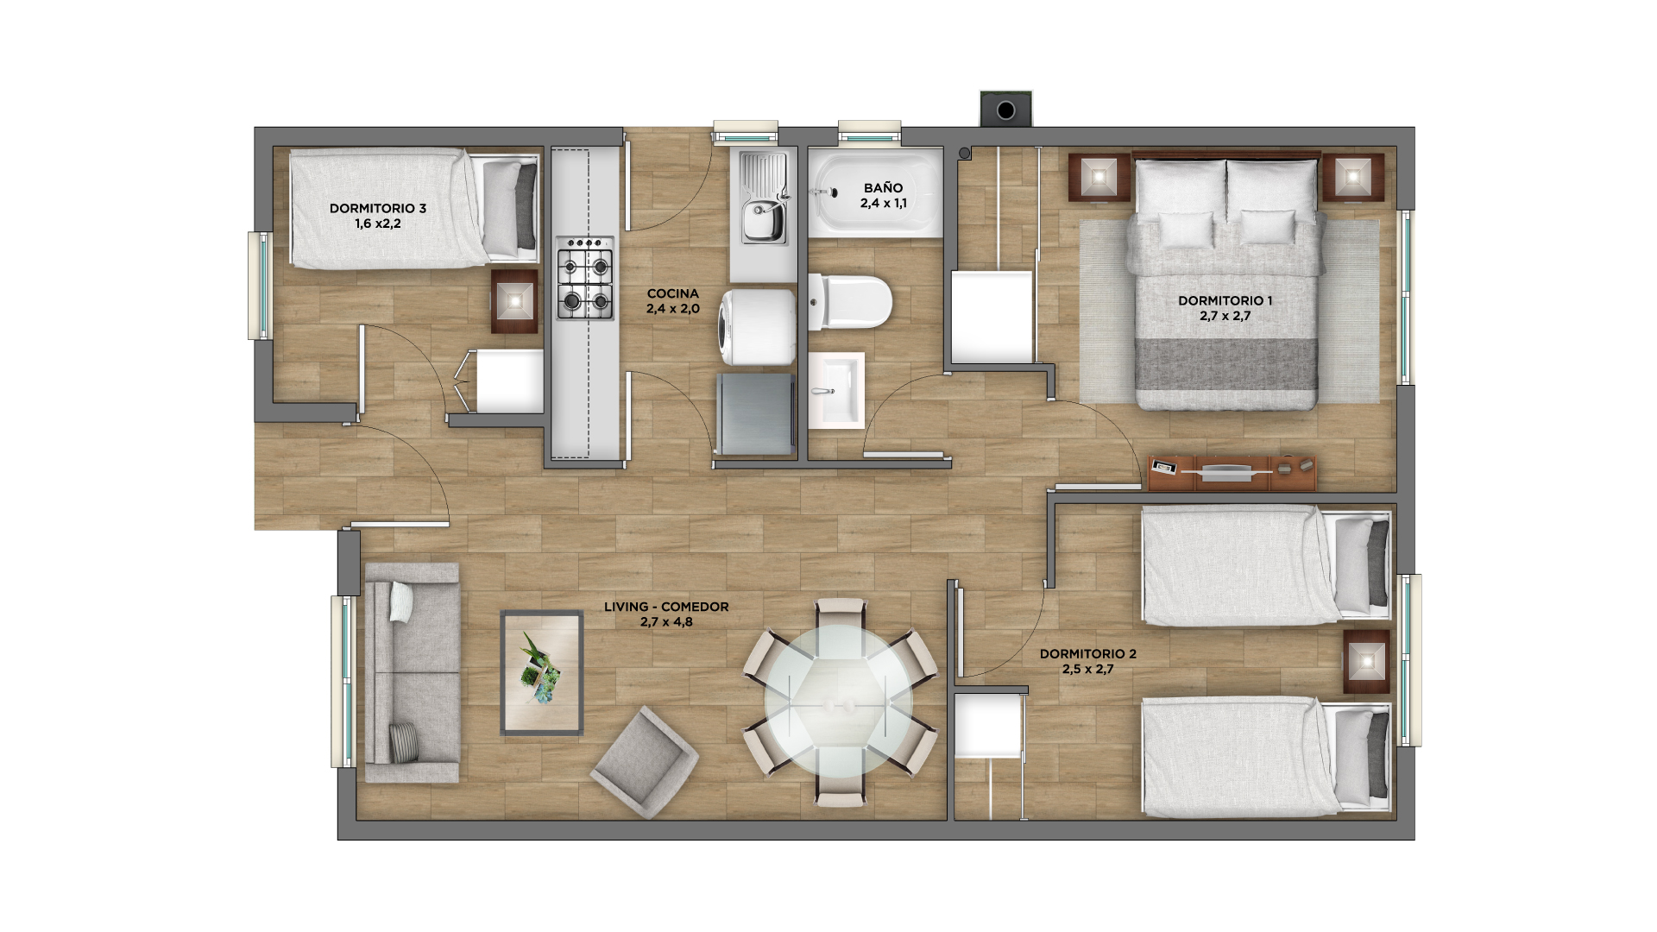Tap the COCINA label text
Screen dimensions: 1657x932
(x=673, y=294)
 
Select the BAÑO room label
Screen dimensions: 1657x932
(x=883, y=188)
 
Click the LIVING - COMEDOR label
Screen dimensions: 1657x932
(x=666, y=608)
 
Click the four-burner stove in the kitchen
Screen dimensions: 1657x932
(x=585, y=278)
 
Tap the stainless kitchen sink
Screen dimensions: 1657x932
(x=765, y=198)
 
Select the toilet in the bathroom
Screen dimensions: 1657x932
(x=850, y=302)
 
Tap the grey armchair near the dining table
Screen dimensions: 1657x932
(x=645, y=761)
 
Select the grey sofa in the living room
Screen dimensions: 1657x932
(x=412, y=673)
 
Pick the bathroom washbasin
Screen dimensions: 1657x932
(x=836, y=389)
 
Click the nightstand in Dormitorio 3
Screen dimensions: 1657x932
(x=515, y=301)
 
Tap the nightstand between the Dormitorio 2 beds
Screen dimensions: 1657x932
(x=1366, y=662)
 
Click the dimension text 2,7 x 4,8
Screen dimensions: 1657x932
(x=666, y=622)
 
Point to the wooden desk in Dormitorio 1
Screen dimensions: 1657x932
(x=1232, y=473)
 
